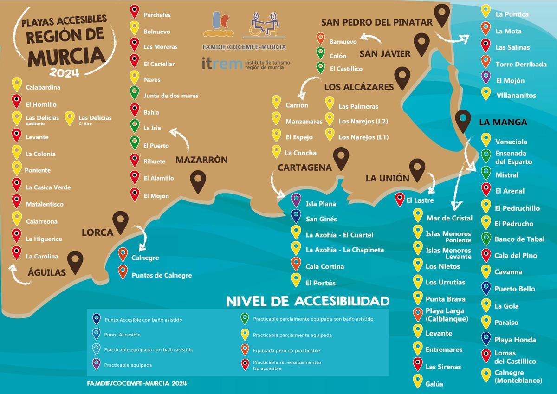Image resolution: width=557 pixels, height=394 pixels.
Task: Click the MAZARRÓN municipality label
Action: (201, 160)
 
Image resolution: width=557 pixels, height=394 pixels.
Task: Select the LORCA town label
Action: (97, 232)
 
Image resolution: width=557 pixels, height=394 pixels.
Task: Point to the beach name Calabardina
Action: (43, 87)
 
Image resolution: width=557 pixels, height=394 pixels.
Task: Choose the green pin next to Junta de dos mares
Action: (134, 92)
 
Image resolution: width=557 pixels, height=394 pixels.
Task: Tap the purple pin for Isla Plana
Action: (296, 200)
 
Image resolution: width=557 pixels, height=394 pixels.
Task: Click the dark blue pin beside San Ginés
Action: (296, 216)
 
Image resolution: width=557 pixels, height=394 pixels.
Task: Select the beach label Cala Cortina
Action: (324, 267)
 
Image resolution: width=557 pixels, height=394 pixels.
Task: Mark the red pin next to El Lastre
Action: (399, 199)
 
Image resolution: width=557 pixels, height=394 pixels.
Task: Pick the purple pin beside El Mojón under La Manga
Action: (486, 77)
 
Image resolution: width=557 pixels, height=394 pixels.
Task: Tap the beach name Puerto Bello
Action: (514, 289)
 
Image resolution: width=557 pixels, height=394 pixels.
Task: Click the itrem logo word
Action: (222, 64)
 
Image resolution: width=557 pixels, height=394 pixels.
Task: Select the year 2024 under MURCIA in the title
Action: (65, 72)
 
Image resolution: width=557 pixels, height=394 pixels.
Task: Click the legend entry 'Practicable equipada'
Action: (128, 365)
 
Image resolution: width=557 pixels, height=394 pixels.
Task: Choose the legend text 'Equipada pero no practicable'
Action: (286, 350)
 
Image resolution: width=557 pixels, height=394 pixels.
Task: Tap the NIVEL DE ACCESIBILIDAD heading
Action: (307, 302)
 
